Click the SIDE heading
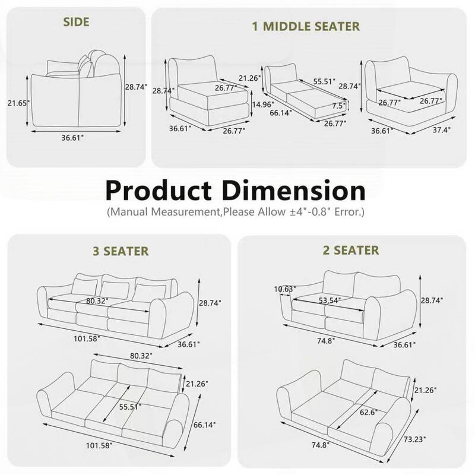click(76, 23)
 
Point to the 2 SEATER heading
click(351, 251)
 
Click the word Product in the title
click(164, 192)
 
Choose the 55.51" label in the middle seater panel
click(324, 81)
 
